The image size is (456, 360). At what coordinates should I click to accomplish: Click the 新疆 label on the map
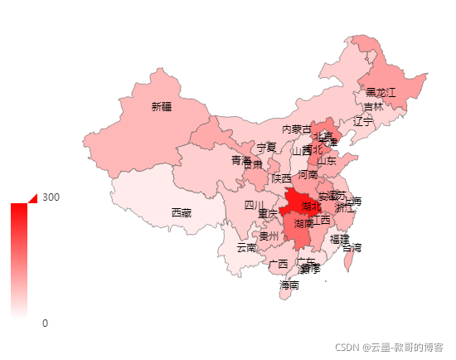[x=162, y=106]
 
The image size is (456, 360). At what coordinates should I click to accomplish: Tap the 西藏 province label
[x=181, y=213]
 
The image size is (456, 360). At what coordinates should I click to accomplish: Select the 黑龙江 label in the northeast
[x=381, y=91]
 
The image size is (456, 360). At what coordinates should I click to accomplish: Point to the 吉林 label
[x=373, y=107]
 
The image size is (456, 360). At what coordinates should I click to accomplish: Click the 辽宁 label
[x=363, y=121]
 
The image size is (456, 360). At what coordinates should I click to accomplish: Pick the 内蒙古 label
[x=297, y=129]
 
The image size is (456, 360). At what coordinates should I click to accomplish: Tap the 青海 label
[x=240, y=159]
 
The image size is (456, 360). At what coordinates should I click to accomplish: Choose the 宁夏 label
[x=265, y=147]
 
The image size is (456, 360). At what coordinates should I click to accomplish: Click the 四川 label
[x=254, y=205]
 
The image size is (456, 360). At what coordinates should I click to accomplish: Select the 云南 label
[x=246, y=247]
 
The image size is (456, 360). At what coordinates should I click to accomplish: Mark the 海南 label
[x=289, y=285]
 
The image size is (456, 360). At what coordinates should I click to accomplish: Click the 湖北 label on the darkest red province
[x=312, y=206]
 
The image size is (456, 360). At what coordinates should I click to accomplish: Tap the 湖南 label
[x=303, y=223]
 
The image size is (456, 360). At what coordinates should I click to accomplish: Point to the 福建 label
[x=339, y=238]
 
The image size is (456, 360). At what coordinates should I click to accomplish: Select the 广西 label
[x=279, y=264]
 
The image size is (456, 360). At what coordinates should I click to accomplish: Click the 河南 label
[x=308, y=175]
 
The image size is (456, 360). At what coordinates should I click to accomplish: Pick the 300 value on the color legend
[x=51, y=197]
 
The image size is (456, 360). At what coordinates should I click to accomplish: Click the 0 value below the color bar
[x=45, y=323]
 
